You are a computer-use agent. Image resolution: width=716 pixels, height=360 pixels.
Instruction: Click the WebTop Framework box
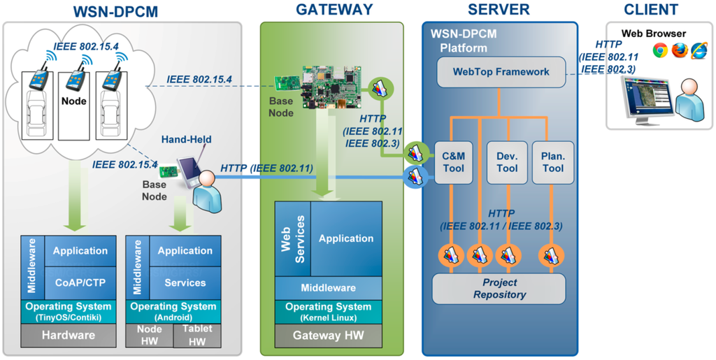click(501, 71)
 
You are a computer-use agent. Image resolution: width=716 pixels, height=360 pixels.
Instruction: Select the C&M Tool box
click(453, 163)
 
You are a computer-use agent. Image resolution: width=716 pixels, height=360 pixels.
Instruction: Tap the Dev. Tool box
click(507, 163)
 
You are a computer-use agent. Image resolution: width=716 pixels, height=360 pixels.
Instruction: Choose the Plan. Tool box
click(552, 163)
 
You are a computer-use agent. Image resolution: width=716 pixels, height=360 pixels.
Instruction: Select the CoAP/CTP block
click(80, 283)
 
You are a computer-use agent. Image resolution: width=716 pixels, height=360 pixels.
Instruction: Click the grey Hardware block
click(68, 335)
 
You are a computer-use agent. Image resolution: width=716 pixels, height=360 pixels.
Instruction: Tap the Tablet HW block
click(197, 336)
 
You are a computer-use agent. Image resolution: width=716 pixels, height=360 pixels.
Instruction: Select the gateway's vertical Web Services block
click(293, 238)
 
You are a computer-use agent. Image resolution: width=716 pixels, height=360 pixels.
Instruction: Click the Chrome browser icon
click(659, 50)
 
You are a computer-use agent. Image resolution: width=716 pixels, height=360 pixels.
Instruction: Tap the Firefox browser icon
click(679, 50)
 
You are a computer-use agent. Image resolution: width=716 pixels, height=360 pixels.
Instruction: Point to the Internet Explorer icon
click(699, 50)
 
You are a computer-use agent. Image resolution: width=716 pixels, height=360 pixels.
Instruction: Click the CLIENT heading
click(651, 10)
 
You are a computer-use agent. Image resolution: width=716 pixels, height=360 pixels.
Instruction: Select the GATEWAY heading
click(334, 10)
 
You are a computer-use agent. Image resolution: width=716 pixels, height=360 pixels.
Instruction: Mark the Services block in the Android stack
click(185, 283)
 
